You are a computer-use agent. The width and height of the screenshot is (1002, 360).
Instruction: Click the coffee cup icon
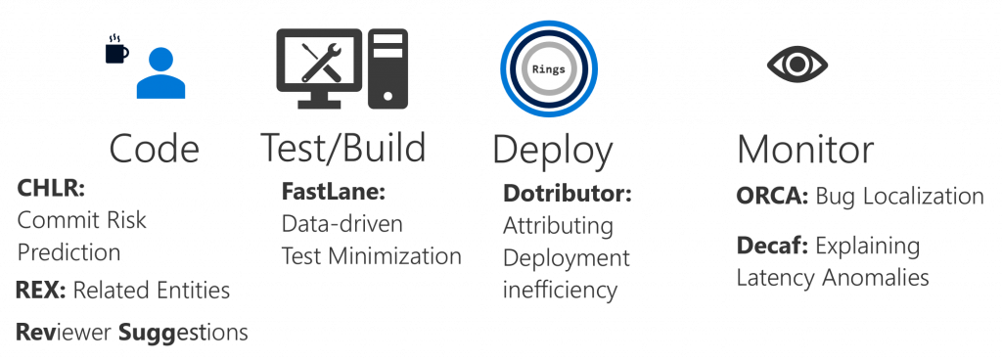(x=116, y=49)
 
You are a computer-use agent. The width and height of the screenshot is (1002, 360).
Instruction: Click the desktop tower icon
(x=388, y=67)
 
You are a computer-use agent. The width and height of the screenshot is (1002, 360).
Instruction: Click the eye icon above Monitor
(x=797, y=65)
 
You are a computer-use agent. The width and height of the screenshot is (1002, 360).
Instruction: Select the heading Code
(x=155, y=149)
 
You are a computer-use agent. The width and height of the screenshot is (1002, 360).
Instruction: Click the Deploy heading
(x=553, y=150)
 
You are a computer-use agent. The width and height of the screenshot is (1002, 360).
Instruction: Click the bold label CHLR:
(x=47, y=189)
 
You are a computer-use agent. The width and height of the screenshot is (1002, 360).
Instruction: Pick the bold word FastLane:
(x=329, y=191)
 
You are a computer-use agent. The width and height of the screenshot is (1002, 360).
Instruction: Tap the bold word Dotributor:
(x=568, y=194)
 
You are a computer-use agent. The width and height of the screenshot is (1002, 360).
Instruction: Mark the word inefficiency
(x=560, y=291)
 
